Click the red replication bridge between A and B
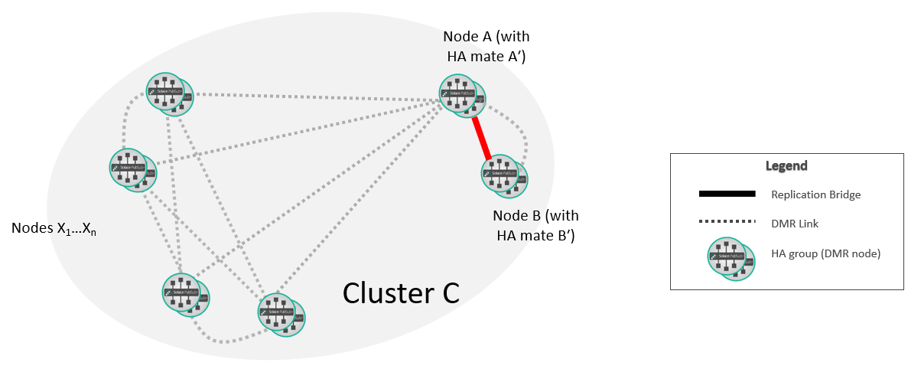click(x=481, y=137)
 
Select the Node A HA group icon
click(x=462, y=96)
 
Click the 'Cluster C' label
click(x=401, y=292)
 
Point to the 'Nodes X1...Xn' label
click(x=54, y=228)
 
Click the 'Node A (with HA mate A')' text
click(x=486, y=46)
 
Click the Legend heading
click(x=786, y=166)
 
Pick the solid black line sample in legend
click(x=727, y=194)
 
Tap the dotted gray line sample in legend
click(x=727, y=223)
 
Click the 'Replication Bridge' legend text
click(x=816, y=194)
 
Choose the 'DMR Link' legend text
click(x=794, y=224)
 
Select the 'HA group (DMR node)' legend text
click(x=826, y=253)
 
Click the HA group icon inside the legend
click(x=731, y=256)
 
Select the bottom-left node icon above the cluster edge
click(x=185, y=294)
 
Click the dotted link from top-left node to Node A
click(x=314, y=96)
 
